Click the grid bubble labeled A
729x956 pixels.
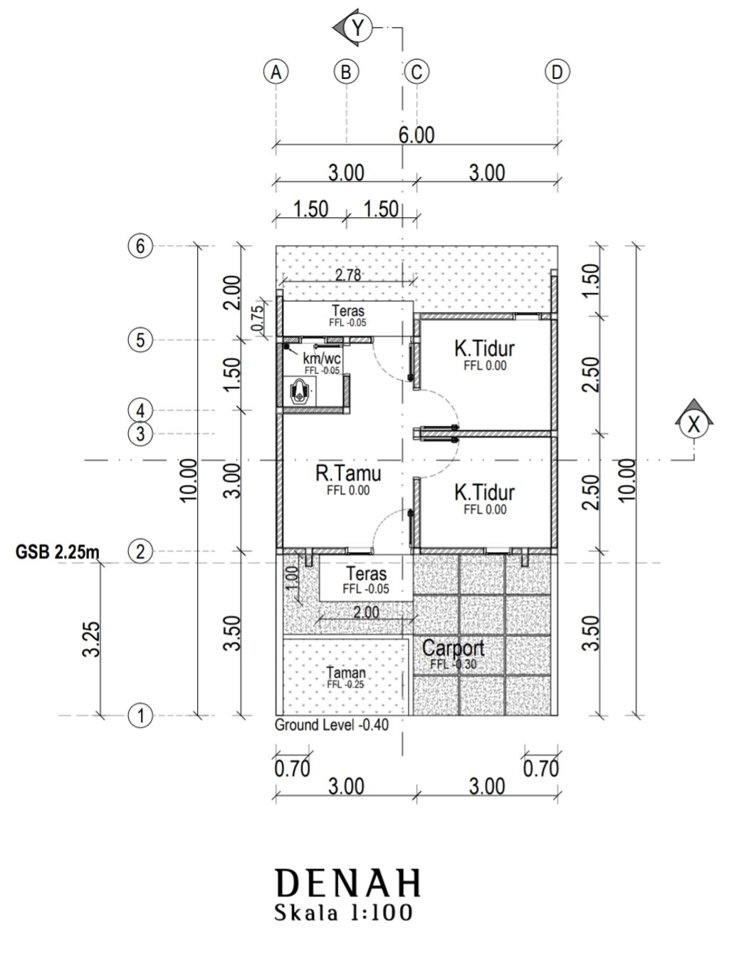[276, 72]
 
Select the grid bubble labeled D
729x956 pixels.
[557, 72]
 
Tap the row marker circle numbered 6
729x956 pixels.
[140, 246]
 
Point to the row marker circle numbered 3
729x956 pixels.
[140, 433]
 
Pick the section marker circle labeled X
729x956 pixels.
[693, 423]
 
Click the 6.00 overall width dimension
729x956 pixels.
[416, 135]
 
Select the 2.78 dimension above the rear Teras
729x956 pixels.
[348, 275]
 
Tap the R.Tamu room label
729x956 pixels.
[348, 474]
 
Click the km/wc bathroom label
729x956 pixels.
[322, 359]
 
